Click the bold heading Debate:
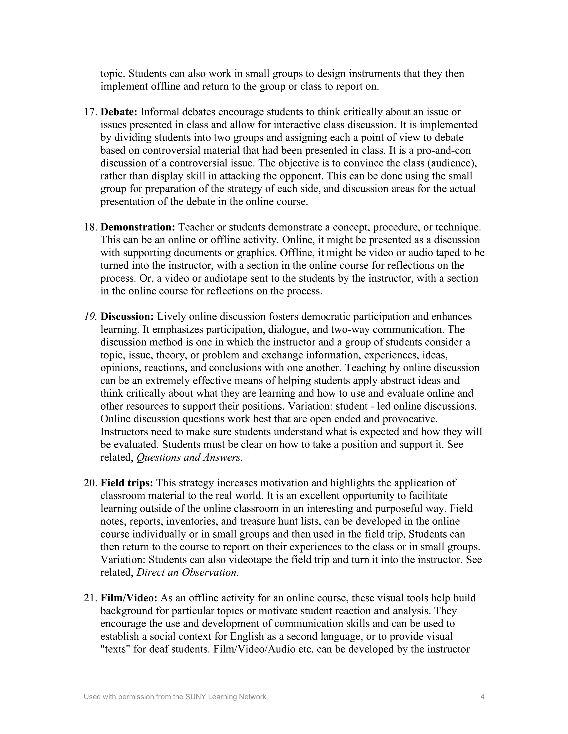click(x=119, y=112)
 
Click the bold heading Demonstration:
click(x=138, y=227)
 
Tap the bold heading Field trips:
click(x=127, y=483)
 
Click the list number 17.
click(x=90, y=112)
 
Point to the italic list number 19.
click(x=90, y=317)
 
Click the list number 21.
click(x=90, y=598)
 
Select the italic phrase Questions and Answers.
click(x=189, y=457)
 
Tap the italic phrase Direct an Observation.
click(x=187, y=572)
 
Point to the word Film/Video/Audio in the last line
click(x=254, y=649)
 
